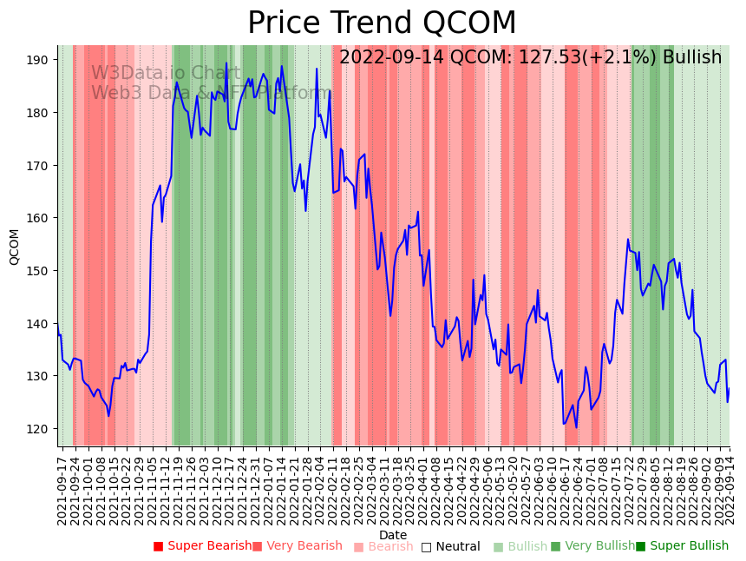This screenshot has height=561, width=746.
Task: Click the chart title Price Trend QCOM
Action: pyautogui.click(x=382, y=23)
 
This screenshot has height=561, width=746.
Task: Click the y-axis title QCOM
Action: pyautogui.click(x=14, y=247)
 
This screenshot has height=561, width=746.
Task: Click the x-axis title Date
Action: pyautogui.click(x=393, y=535)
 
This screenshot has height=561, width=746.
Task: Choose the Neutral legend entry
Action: pyautogui.click(x=450, y=546)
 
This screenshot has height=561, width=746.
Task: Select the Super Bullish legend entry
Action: pyautogui.click(x=682, y=546)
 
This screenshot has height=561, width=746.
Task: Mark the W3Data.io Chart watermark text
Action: pyautogui.click(x=166, y=73)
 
